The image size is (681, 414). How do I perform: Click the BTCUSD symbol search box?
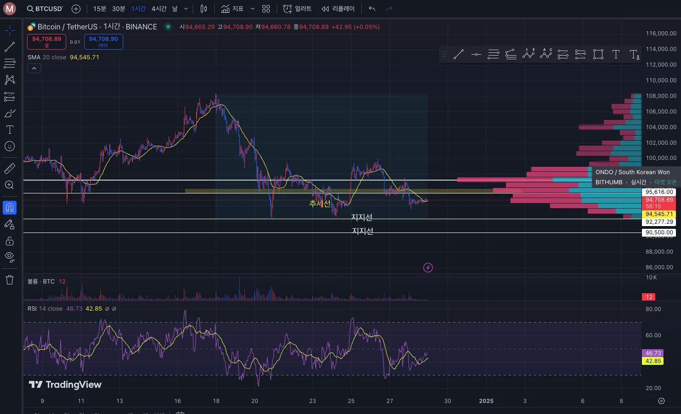pos(45,9)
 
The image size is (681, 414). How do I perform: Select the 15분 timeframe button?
pos(100,9)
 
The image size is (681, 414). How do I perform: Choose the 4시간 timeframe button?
pos(159,9)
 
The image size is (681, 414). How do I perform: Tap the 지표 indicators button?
pos(233,9)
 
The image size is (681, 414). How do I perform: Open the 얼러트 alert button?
pos(297,9)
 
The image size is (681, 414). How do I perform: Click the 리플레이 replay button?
pos(338,9)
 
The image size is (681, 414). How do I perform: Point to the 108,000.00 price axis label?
pos(661,96)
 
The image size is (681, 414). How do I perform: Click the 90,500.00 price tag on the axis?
pos(659,233)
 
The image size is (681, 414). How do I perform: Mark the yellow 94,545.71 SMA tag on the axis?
pos(659,214)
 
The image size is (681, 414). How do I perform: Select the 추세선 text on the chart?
pos(320,203)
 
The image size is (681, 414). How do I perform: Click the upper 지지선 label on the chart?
pos(362,217)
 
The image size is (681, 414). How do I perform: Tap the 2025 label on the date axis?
pos(486,401)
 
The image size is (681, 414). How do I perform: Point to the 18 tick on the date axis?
pos(216,401)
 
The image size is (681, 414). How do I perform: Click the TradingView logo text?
pos(65,385)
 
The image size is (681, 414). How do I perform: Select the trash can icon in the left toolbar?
pos(10,280)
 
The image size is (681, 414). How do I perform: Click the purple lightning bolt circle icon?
pos(428,267)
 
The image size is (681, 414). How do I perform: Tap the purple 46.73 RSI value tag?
pos(653,353)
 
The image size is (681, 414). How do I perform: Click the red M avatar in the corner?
pos(10,9)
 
